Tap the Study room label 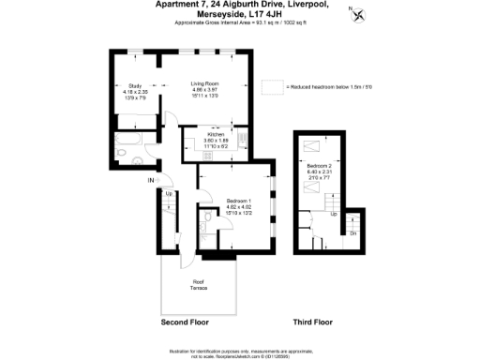pos(135,85)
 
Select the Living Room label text pos(204,83)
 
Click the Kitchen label pos(217,135)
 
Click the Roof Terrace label pos(199,284)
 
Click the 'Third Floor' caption pos(312,322)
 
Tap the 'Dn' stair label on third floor pos(352,232)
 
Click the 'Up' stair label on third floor pos(334,215)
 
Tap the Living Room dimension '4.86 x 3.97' pos(204,89)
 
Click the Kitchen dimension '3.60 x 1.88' pos(217,141)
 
